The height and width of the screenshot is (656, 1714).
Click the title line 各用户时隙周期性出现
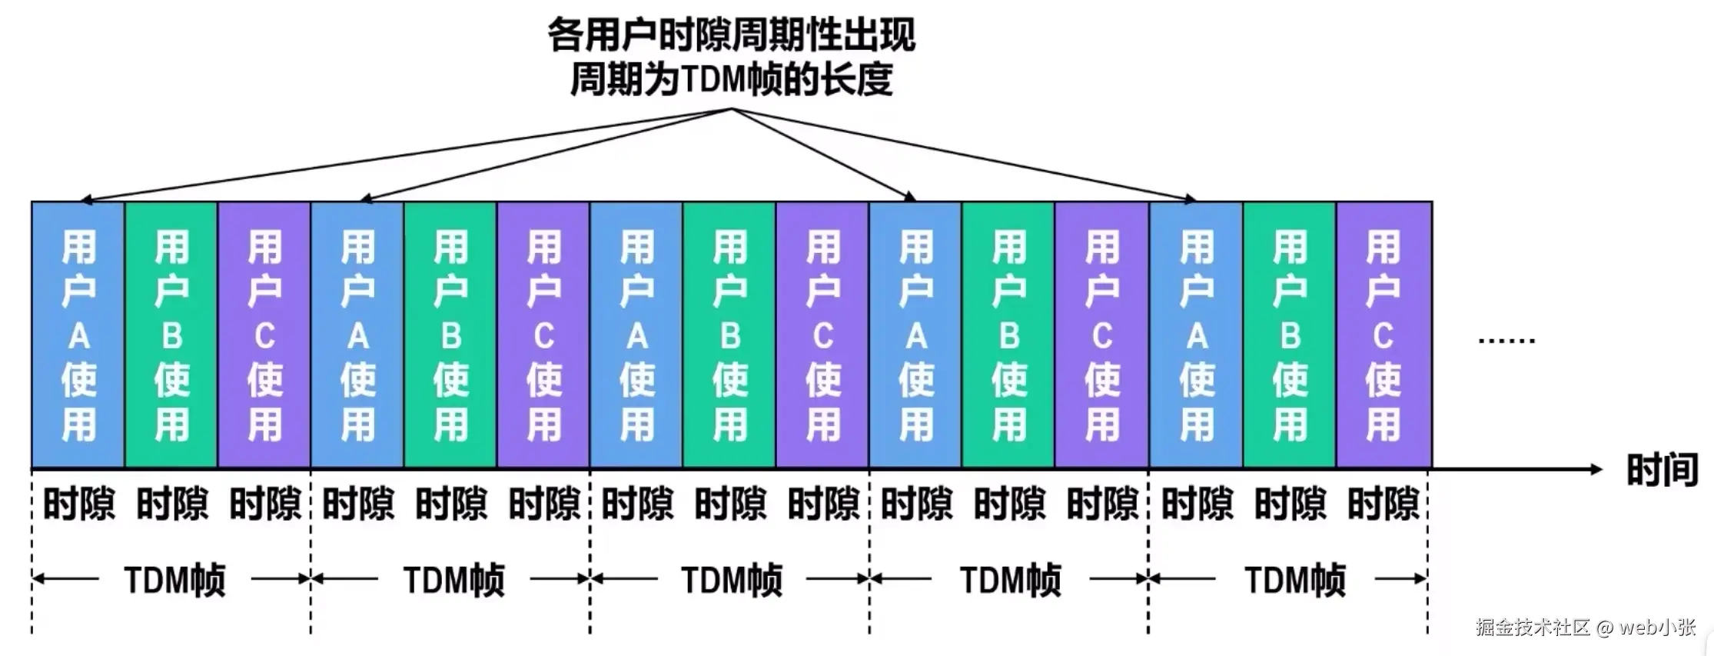click(731, 35)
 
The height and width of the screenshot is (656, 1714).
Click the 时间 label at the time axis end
click(1662, 470)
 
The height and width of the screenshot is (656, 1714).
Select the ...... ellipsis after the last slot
click(1506, 339)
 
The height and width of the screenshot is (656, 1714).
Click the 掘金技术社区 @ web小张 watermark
click(1585, 627)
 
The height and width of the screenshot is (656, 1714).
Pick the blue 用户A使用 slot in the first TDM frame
click(78, 335)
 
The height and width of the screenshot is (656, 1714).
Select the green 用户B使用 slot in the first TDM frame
click(171, 335)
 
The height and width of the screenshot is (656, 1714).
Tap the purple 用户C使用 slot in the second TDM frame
click(543, 335)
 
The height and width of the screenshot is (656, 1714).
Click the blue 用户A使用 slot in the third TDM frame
click(636, 335)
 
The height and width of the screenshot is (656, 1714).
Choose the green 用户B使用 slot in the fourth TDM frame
click(1008, 335)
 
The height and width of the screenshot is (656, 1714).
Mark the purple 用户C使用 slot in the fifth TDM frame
click(1383, 335)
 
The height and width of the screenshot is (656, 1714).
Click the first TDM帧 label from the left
click(174, 580)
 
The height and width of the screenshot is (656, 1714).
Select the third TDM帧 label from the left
click(731, 580)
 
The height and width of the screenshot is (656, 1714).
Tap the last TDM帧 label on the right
click(1294, 580)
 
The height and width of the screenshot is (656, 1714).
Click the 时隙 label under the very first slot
click(78, 504)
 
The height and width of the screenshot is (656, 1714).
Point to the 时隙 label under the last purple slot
click(1383, 504)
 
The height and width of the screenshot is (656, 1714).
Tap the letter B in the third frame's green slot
click(730, 337)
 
